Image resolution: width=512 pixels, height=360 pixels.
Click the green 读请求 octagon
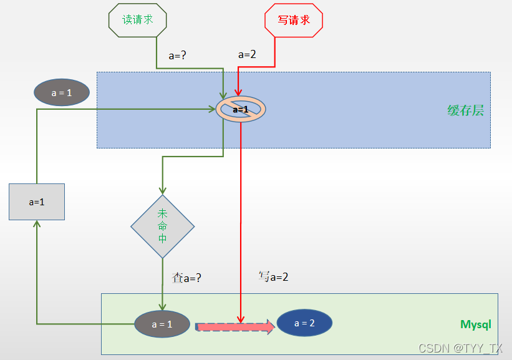click(x=138, y=19)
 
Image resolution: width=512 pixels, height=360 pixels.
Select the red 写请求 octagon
click(x=293, y=20)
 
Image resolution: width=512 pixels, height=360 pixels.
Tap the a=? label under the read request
click(x=178, y=55)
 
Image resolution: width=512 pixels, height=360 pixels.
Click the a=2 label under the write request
click(x=248, y=54)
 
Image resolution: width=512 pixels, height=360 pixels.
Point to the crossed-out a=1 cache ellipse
click(x=241, y=109)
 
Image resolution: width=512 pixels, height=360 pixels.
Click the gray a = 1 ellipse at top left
click(x=61, y=92)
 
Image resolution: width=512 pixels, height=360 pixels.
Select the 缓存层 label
click(x=465, y=111)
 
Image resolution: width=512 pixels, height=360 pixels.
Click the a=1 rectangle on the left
click(x=37, y=202)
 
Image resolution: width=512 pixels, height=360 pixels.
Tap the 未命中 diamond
click(x=163, y=226)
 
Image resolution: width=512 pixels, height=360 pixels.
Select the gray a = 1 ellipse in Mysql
click(x=162, y=324)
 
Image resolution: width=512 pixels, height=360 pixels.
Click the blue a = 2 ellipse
click(x=304, y=323)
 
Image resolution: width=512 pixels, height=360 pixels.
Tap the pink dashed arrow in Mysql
click(x=234, y=326)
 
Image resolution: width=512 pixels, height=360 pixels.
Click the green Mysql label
click(x=475, y=324)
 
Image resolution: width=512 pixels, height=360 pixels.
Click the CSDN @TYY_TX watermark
click(x=460, y=348)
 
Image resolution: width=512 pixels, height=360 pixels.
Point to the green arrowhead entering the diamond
click(x=163, y=190)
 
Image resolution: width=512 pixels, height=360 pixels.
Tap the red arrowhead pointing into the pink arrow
click(x=240, y=319)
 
